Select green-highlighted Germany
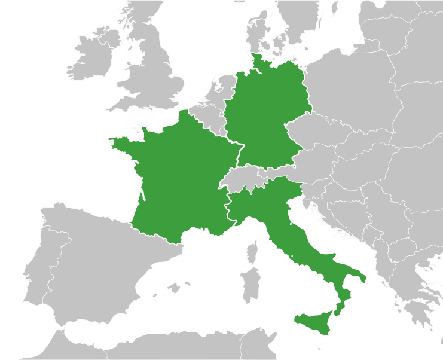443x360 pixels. (x=263, y=114)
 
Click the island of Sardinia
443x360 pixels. (x=250, y=284)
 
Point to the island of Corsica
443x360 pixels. (x=253, y=252)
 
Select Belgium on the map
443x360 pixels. (x=209, y=117)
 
